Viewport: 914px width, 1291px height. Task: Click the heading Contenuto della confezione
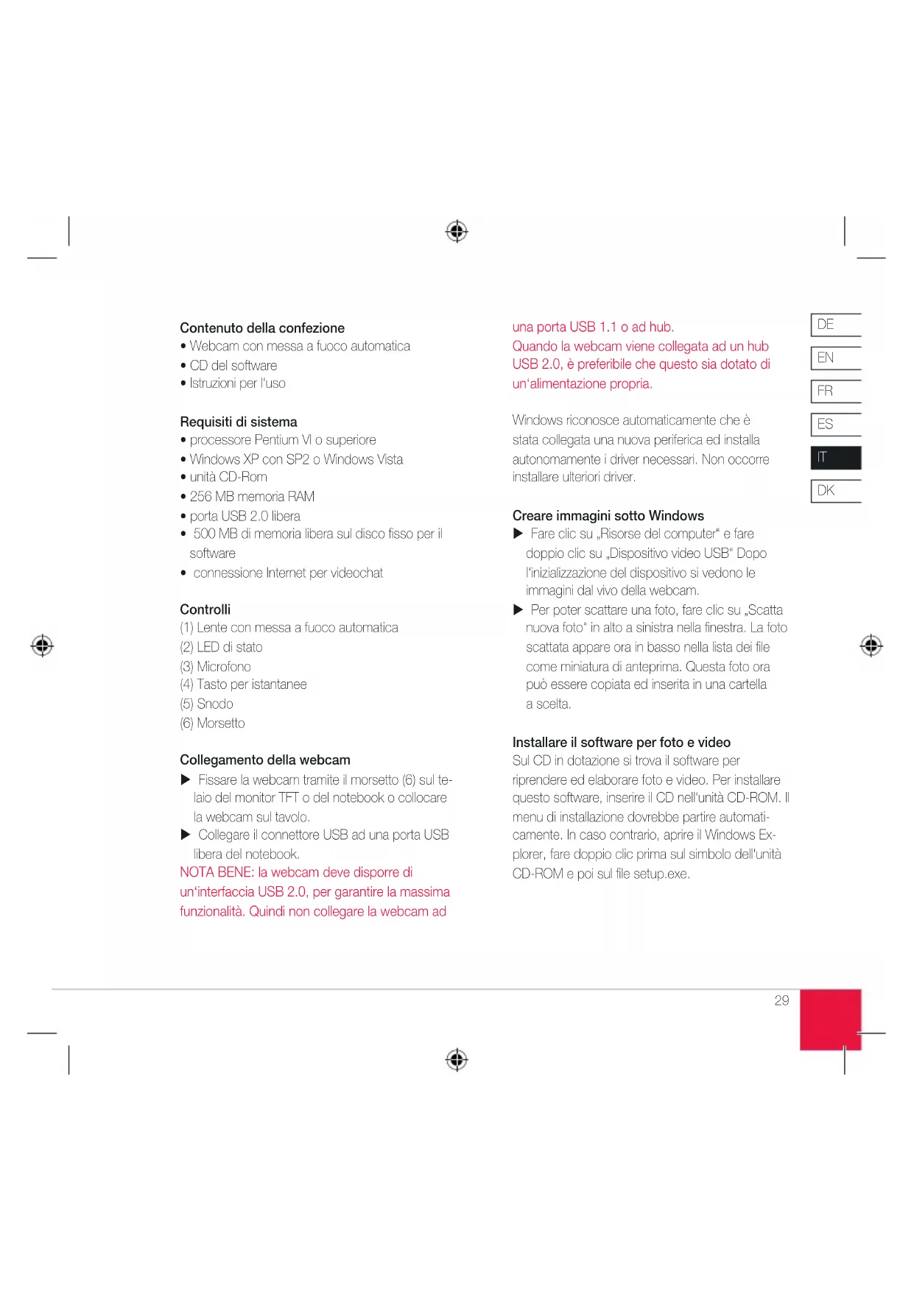tap(261, 328)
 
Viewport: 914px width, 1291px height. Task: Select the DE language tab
tap(834, 325)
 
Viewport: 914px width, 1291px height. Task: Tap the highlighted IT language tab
tap(835, 458)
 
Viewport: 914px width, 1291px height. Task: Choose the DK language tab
tap(834, 491)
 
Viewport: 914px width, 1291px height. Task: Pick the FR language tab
tap(834, 391)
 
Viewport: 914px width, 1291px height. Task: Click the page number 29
tap(781, 1000)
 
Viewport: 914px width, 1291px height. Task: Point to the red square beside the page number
tap(830, 1019)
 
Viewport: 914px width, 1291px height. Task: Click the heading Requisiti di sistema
tap(239, 422)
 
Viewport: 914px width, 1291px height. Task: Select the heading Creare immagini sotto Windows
tap(608, 516)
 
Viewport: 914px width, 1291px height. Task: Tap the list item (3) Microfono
tap(215, 667)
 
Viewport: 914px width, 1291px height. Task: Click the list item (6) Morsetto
tap(212, 724)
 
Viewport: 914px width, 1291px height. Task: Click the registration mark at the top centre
tap(457, 231)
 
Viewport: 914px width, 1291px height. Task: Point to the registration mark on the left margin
tap(42, 645)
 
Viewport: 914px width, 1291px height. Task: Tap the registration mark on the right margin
tap(871, 645)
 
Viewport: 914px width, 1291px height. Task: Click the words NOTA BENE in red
tap(217, 873)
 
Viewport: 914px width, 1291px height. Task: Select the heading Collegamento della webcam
tap(264, 760)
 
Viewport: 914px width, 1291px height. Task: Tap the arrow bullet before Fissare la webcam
tap(186, 779)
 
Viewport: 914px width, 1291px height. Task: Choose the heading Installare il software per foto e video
tap(621, 743)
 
